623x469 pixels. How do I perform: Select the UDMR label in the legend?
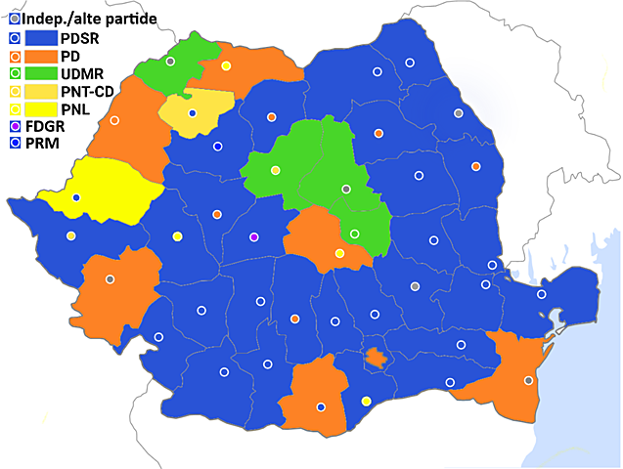[x=82, y=73]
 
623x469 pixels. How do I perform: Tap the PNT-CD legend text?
[x=88, y=91]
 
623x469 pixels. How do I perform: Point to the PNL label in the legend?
[x=76, y=108]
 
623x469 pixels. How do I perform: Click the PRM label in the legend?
[x=45, y=144]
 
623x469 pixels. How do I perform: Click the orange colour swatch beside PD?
[x=40, y=56]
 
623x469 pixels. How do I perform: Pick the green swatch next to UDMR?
[x=40, y=73]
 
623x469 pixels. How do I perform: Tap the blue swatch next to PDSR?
[x=40, y=38]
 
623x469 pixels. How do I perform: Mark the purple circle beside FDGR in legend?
[x=15, y=126]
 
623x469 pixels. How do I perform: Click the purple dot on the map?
[x=254, y=237]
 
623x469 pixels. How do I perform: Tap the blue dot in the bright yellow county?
[x=76, y=198]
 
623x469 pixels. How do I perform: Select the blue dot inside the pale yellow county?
[x=193, y=113]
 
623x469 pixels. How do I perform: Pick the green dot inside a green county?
[x=354, y=234]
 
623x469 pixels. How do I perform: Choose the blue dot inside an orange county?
[x=321, y=406]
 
